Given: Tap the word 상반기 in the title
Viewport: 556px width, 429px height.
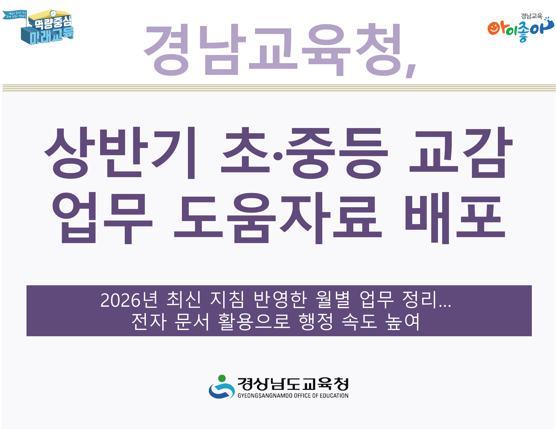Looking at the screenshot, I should [x=120, y=153].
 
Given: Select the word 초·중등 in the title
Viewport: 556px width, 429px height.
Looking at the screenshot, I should [x=304, y=153].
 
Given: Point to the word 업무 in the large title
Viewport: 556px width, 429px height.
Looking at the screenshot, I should [x=102, y=218].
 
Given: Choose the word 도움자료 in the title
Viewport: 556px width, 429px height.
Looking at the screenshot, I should [x=277, y=218].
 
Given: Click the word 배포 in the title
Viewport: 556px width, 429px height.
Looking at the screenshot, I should [x=454, y=218].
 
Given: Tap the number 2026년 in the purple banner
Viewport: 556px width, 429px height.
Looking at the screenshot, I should [x=129, y=300].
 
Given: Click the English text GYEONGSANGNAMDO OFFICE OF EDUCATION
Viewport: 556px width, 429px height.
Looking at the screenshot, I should [x=293, y=396].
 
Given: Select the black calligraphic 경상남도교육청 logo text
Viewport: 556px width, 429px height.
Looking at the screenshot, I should [x=293, y=384].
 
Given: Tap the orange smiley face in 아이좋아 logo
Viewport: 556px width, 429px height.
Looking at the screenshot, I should [x=493, y=29].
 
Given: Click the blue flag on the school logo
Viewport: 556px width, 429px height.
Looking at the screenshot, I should [x=14, y=15].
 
